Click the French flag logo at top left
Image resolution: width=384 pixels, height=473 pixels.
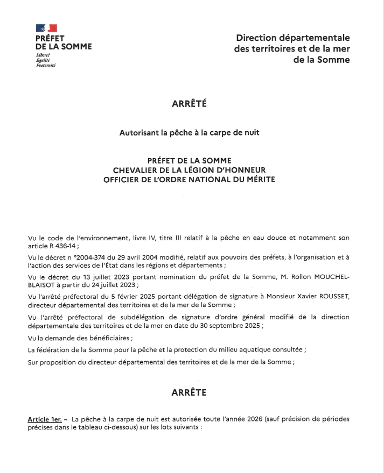tap(46, 28)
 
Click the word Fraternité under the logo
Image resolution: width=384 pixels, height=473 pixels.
tap(46, 66)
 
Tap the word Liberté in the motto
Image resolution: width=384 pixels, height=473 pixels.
tap(43, 55)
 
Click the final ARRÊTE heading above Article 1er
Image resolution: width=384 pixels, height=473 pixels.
tap(188, 393)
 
